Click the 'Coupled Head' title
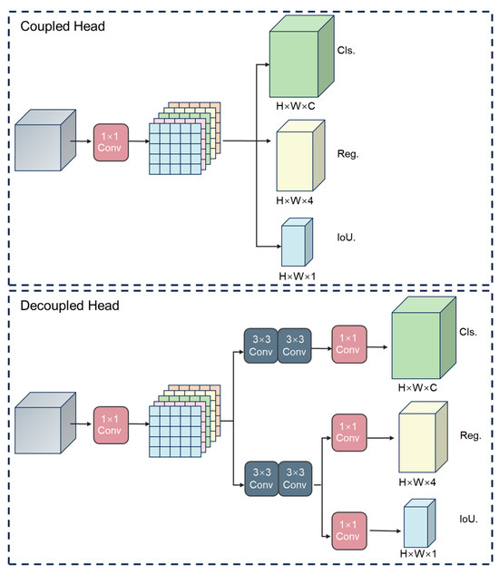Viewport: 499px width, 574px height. click(63, 26)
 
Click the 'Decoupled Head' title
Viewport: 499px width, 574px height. click(70, 306)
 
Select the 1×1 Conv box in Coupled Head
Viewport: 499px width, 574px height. click(111, 142)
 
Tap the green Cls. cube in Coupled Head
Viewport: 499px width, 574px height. click(301, 56)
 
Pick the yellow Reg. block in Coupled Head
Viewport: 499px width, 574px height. click(300, 155)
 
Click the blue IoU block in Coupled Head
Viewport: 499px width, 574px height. click(297, 242)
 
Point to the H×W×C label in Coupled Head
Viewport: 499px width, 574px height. click(295, 106)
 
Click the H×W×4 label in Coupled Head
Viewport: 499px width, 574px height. click(295, 200)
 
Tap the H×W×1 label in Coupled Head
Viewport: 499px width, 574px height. click(297, 276)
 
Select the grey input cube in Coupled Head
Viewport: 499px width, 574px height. click(45, 141)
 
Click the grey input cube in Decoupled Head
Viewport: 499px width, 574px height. click(45, 423)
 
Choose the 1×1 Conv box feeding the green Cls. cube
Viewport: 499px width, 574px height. click(349, 344)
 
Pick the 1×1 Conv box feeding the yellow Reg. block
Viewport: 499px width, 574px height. click(349, 433)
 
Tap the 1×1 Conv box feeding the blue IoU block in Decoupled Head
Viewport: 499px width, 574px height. click(349, 530)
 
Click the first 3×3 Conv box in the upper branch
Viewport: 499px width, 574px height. click(261, 345)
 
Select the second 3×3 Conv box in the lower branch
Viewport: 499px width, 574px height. click(295, 479)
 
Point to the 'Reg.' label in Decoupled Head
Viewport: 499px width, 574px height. click(471, 435)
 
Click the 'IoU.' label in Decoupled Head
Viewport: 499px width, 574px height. click(468, 519)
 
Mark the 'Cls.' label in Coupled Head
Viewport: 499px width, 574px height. click(347, 50)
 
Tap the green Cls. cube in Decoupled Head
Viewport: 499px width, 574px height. click(424, 337)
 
